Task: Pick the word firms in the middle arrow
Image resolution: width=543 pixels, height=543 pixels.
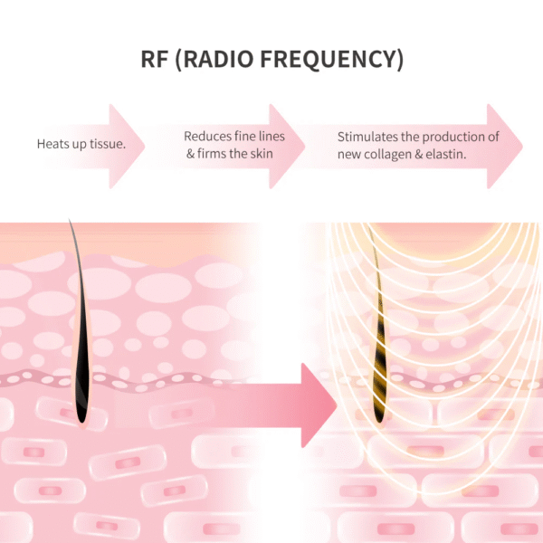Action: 216,154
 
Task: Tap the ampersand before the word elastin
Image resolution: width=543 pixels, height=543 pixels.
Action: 425,154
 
